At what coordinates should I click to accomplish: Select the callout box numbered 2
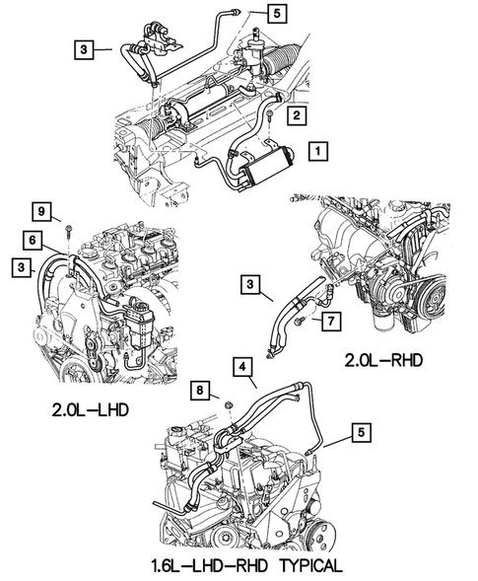tap(295, 115)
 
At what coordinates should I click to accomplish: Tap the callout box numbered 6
tap(33, 239)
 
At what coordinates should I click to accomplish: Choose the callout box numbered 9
tap(42, 211)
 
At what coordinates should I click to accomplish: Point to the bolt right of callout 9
tap(65, 233)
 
